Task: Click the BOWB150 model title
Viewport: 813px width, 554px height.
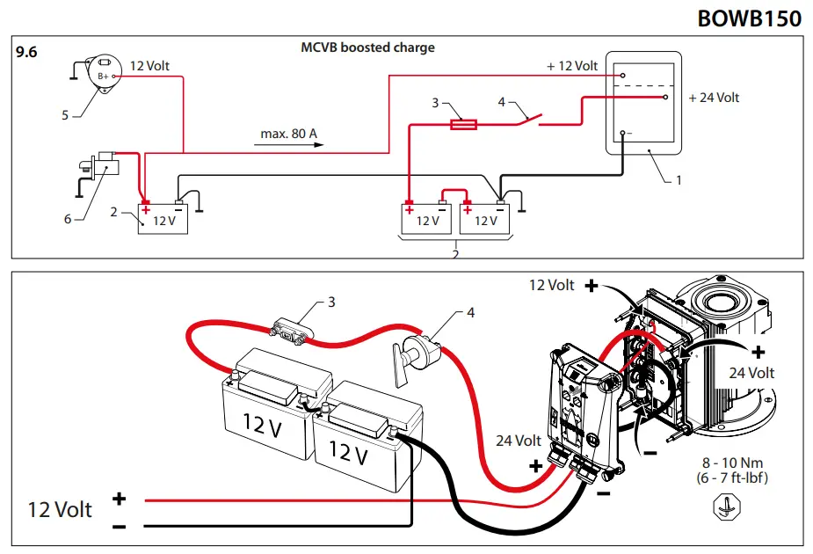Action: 749,18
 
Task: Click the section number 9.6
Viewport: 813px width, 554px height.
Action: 26,52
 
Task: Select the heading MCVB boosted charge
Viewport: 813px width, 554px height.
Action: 367,47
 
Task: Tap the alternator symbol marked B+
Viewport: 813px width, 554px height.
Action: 105,71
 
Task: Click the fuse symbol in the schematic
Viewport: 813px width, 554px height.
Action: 463,125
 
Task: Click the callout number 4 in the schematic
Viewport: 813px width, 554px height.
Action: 502,102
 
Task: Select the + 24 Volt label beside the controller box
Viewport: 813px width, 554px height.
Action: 714,98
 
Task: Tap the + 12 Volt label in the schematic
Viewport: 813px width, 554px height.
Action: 571,66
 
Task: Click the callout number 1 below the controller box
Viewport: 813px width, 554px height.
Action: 678,180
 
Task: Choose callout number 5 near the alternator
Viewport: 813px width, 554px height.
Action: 64,114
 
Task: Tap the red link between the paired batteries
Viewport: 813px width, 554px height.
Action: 454,192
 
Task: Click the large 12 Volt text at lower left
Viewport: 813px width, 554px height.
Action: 60,510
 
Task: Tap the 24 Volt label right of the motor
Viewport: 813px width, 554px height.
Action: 751,373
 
